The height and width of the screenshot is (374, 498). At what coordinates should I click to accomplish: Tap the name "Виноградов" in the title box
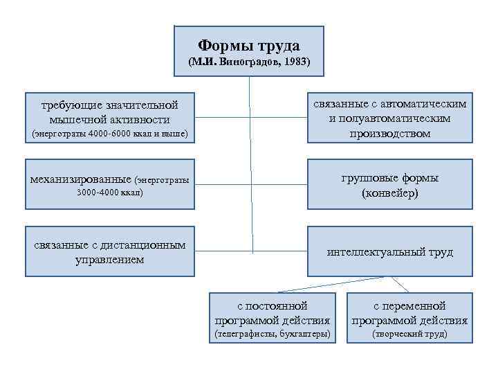pos(250,62)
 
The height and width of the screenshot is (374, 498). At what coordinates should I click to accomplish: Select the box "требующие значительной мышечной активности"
pos(110,118)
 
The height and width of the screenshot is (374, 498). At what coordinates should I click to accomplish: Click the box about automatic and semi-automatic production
pos(389,118)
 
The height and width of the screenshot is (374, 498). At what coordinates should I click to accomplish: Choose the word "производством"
pos(389,134)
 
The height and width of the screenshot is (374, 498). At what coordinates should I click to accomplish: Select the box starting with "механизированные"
pos(110,186)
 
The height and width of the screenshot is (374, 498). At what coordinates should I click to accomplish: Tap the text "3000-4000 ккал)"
pos(110,193)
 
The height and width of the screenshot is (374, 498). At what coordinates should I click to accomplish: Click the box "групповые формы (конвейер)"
pos(389,186)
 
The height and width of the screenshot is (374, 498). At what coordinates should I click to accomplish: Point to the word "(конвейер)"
pos(389,194)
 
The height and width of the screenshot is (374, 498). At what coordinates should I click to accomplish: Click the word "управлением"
pos(110,260)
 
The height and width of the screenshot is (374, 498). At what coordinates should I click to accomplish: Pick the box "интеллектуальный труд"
pos(389,252)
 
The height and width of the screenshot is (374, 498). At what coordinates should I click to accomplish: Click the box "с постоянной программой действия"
pos(272,319)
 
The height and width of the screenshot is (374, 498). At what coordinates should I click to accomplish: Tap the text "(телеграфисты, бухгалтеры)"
pos(272,335)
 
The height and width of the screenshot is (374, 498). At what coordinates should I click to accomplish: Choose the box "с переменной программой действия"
pos(409,319)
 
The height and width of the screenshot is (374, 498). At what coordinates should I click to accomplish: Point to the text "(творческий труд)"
pos(409,335)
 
